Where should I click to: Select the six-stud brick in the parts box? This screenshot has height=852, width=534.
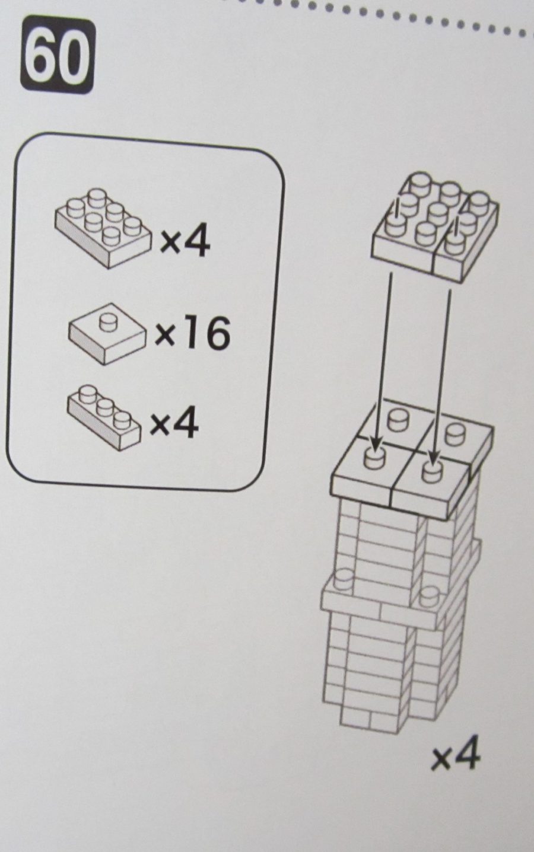point(103,228)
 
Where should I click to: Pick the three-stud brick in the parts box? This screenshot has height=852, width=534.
point(104,417)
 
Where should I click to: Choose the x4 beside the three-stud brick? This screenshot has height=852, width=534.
point(174,421)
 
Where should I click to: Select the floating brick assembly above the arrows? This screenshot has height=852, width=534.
point(435,226)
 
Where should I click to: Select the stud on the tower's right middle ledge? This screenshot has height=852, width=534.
point(429,597)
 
